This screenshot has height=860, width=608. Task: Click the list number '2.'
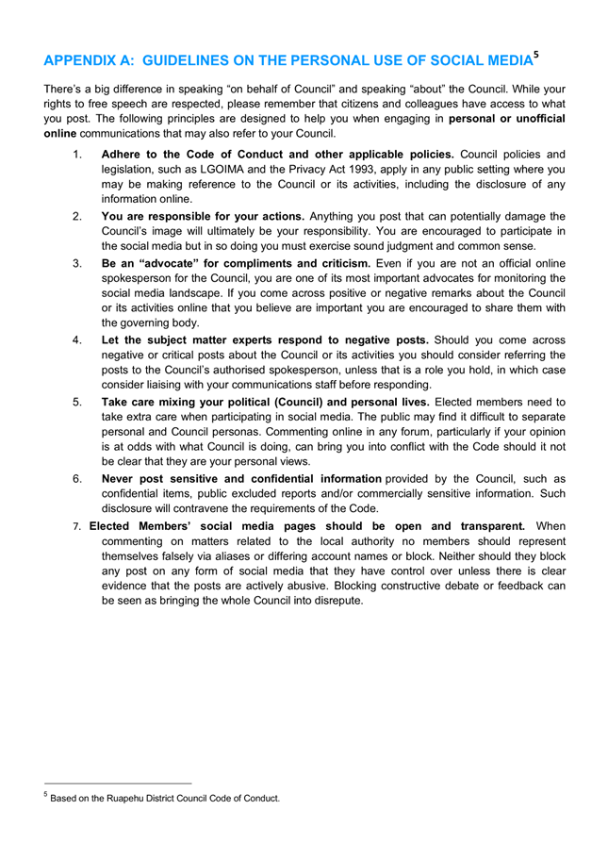coord(78,216)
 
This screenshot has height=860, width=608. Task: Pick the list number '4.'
coord(78,339)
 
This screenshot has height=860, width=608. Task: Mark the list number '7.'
coord(78,525)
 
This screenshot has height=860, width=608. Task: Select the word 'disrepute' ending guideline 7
coord(329,602)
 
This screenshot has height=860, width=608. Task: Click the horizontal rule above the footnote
coord(118,783)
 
